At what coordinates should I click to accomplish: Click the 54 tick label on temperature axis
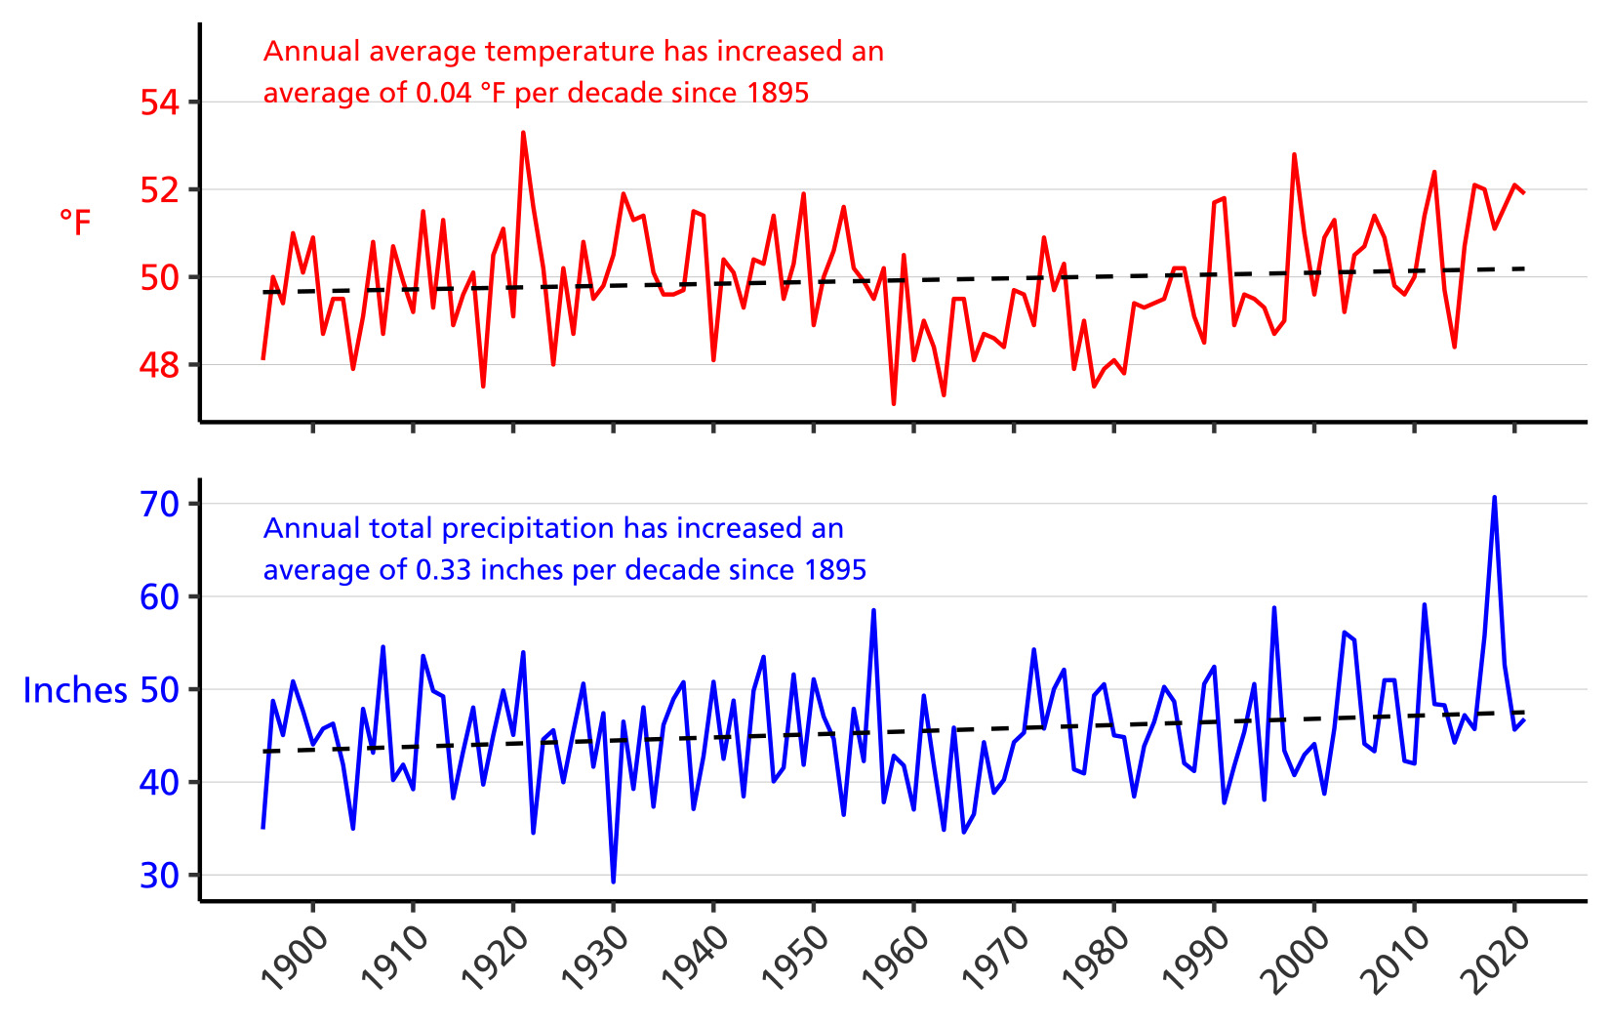[x=160, y=102]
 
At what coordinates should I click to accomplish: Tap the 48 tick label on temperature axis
[x=160, y=365]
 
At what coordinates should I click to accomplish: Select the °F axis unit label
[x=75, y=223]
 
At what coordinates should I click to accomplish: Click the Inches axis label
[x=75, y=690]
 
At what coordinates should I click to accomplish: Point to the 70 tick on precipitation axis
[x=160, y=504]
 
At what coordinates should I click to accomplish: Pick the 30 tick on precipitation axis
[x=160, y=875]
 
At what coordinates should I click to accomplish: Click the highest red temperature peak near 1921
[x=523, y=133]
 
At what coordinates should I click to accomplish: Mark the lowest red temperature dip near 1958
[x=894, y=403]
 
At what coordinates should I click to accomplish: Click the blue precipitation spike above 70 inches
[x=1494, y=498]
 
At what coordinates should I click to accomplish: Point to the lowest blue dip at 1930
[x=613, y=881]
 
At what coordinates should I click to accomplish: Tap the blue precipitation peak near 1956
[x=873, y=610]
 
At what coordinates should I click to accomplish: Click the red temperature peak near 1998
[x=1294, y=155]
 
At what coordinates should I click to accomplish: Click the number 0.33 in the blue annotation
[x=443, y=570]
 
